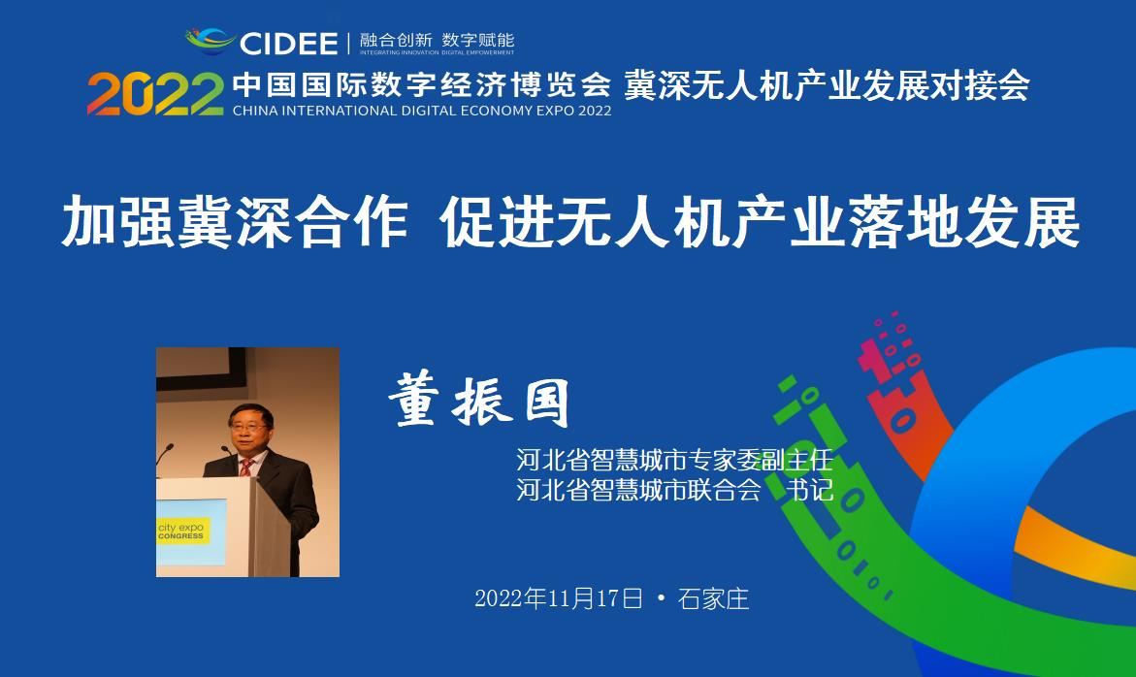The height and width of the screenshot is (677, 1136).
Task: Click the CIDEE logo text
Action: (288, 44)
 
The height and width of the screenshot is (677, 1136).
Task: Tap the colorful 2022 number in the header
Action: (155, 94)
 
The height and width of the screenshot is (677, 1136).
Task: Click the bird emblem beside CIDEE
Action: (211, 41)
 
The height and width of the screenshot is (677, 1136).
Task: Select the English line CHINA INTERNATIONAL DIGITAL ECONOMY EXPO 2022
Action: (422, 111)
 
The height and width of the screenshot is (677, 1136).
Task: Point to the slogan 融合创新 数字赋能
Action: (437, 40)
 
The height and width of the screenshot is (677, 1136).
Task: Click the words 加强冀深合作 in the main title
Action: (235, 222)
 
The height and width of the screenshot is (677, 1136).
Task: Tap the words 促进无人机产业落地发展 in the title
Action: (760, 222)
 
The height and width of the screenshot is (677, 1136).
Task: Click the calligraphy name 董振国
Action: (479, 399)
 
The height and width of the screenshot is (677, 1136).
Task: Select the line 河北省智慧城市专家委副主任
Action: (674, 459)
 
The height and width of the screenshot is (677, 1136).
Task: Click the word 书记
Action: (810, 490)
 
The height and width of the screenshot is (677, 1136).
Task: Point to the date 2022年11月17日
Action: (559, 598)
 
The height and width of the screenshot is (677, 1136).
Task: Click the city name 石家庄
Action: (713, 598)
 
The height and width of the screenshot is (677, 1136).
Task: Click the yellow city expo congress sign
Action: (182, 531)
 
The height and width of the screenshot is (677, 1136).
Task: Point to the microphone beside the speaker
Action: (164, 454)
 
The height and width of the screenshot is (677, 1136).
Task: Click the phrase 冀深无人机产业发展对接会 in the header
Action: (827, 86)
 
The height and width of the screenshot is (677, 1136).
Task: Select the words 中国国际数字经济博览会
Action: (422, 85)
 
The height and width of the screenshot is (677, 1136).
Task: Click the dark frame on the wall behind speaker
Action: (201, 368)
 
